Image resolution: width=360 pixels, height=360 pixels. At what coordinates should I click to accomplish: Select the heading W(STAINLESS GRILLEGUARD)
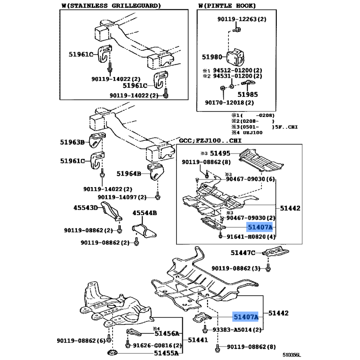pyautogui.click(x=110, y=5)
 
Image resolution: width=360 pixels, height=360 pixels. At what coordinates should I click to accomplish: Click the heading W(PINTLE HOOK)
pyautogui.click(x=227, y=5)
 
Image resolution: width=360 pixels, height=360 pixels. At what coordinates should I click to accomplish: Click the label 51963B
pyautogui.click(x=72, y=142)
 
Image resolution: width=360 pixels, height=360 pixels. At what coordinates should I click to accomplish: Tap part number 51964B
pyautogui.click(x=129, y=173)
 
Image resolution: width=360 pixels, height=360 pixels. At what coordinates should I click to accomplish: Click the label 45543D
pyautogui.click(x=85, y=208)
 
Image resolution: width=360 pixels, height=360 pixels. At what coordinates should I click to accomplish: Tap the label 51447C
pyautogui.click(x=243, y=253)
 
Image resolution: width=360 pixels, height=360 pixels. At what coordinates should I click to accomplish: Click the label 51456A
pyautogui.click(x=167, y=333)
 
